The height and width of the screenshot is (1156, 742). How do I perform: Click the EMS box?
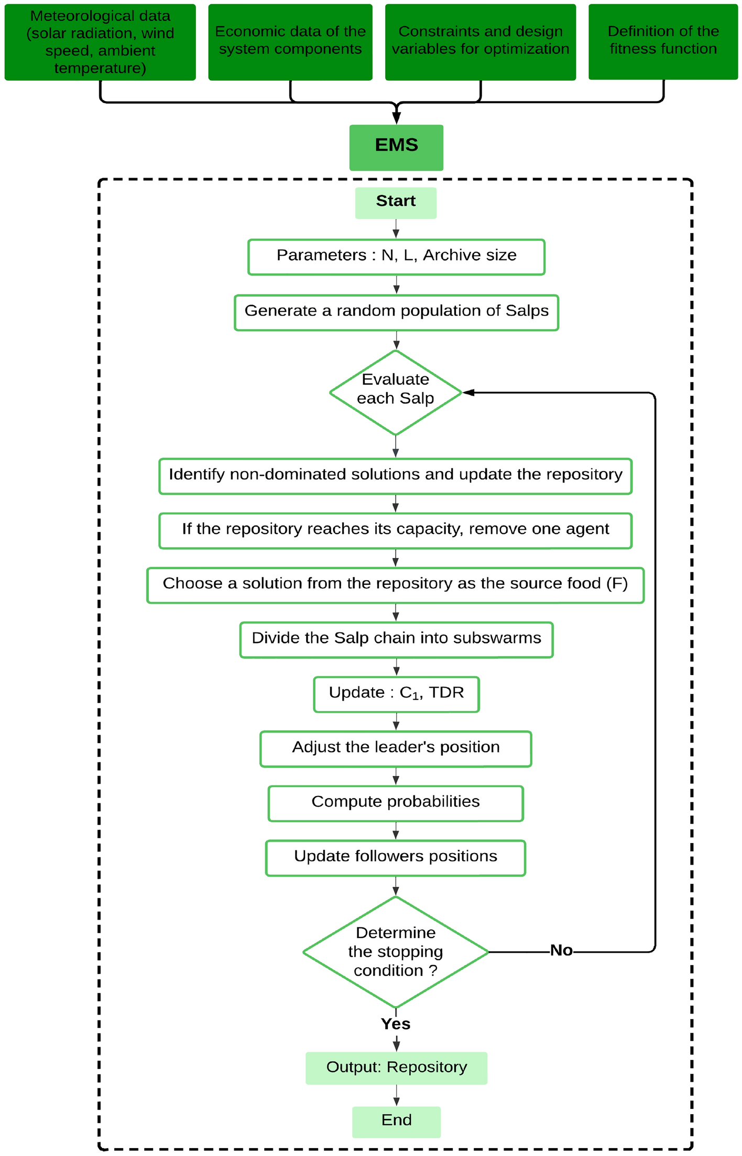(396, 147)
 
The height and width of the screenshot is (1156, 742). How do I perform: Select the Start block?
(396, 203)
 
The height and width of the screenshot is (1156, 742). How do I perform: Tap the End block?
(396, 1121)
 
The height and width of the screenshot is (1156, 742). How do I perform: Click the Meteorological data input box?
(100, 42)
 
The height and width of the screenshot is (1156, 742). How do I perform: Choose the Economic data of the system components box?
(290, 42)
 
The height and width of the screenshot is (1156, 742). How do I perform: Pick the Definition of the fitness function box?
(663, 42)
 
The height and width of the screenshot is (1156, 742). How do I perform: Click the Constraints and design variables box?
(480, 42)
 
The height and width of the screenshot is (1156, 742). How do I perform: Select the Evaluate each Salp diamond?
(396, 392)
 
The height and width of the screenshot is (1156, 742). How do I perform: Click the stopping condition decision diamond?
(396, 952)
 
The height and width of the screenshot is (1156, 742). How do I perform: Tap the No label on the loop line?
(561, 951)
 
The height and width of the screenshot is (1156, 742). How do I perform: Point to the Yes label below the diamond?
(396, 1024)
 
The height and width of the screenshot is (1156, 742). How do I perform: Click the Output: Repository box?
(396, 1067)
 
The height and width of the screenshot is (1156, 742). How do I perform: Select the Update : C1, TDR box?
(396, 694)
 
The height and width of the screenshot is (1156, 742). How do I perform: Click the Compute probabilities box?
(396, 803)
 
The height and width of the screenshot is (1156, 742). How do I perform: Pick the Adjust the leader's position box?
(396, 748)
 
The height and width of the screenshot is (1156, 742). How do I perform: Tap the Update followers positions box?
(396, 857)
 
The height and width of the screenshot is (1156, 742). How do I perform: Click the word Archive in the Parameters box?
(445, 255)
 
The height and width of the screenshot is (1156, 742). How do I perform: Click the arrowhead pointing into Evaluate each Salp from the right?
(468, 392)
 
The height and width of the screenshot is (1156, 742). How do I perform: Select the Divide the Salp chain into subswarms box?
(396, 639)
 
